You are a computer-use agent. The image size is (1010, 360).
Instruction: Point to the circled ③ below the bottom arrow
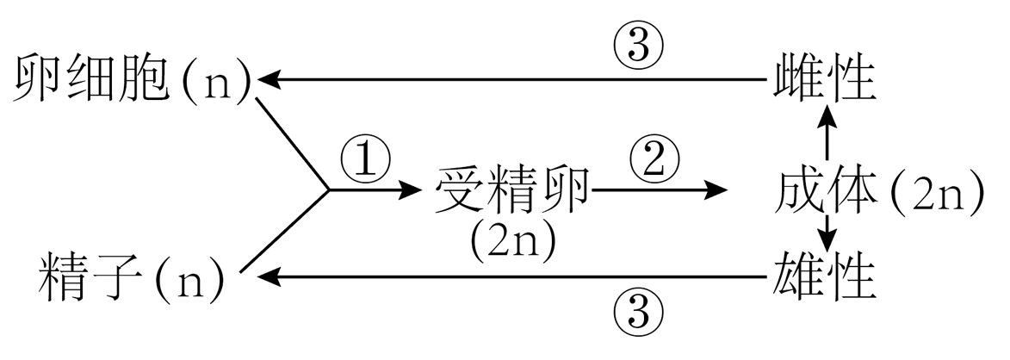[638, 307]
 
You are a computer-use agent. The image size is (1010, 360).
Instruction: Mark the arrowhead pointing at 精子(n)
[270, 277]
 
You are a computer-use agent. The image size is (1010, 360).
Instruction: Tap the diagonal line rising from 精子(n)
[284, 233]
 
